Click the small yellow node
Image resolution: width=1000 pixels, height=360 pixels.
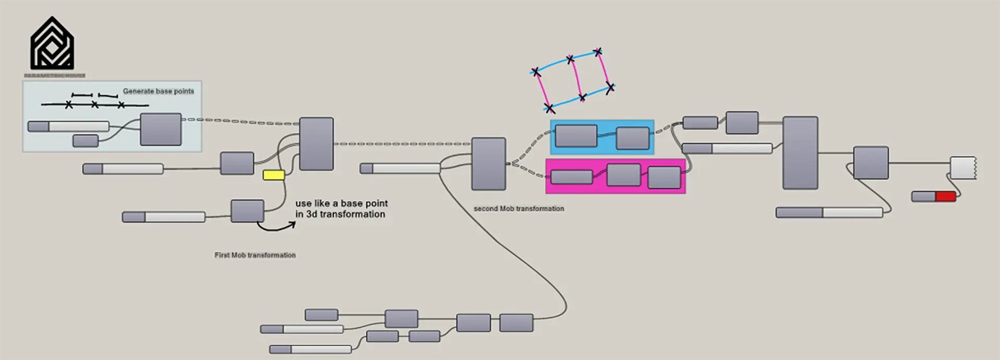tap(273, 175)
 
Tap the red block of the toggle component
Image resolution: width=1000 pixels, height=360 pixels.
tap(945, 196)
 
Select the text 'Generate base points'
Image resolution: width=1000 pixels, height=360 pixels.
tap(158, 91)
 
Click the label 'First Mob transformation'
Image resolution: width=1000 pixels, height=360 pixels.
tap(255, 255)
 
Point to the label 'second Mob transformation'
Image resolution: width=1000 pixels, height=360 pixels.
tap(519, 208)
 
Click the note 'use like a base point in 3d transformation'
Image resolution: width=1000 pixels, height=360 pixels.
tap(341, 208)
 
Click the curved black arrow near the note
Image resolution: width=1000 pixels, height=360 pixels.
tap(276, 227)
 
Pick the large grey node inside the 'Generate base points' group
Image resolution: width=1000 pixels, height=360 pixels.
tap(161, 129)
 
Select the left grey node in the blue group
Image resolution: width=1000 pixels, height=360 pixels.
tap(576, 136)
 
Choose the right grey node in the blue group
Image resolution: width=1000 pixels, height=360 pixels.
tap(633, 138)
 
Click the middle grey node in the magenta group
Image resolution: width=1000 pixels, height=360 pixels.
tap(623, 175)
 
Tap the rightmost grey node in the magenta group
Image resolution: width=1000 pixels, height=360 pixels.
tap(664, 178)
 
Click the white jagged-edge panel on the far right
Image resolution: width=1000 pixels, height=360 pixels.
tap(963, 168)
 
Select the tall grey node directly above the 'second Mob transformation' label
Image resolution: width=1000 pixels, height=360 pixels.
tap(489, 164)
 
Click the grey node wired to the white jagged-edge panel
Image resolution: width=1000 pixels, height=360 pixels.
tap(870, 163)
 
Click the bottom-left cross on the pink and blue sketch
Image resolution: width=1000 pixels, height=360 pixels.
tap(549, 108)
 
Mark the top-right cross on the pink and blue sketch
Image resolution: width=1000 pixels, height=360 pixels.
tap(598, 52)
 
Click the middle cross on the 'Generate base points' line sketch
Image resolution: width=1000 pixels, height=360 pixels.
tap(94, 105)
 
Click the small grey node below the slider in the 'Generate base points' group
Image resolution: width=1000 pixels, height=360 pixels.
tap(85, 141)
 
